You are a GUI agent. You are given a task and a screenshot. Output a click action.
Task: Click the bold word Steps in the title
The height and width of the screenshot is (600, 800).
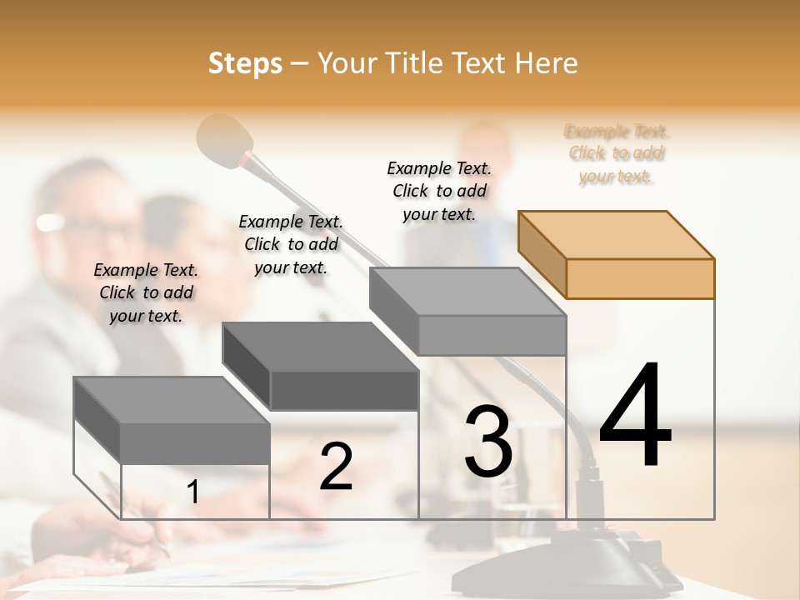pyautogui.click(x=245, y=63)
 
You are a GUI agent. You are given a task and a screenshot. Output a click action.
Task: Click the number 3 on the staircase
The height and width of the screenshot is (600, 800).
pyautogui.click(x=487, y=441)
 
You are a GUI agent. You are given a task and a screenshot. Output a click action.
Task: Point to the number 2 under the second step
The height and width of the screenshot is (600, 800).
pyautogui.click(x=336, y=466)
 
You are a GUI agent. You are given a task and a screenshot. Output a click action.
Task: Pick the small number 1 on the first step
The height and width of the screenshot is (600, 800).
pyautogui.click(x=192, y=492)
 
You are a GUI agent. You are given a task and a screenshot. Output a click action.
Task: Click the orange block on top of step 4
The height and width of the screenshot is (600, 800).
pyautogui.click(x=617, y=254)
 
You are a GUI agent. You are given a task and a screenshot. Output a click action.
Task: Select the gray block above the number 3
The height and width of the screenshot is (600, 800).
pyautogui.click(x=468, y=311)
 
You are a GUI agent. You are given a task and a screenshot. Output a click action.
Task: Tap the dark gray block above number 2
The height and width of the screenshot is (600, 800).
pyautogui.click(x=321, y=366)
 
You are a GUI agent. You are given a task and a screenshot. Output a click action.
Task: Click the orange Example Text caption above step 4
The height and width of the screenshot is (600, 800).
pyautogui.click(x=616, y=153)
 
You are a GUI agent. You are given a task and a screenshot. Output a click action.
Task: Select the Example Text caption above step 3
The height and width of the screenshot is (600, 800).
pyautogui.click(x=439, y=191)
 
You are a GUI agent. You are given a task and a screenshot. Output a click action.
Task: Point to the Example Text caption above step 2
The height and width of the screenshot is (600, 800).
pyautogui.click(x=291, y=244)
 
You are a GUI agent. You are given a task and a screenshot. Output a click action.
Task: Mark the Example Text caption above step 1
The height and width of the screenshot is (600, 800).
pyautogui.click(x=146, y=292)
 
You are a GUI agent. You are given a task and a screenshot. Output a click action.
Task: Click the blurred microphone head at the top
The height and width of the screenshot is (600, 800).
pyautogui.click(x=225, y=137)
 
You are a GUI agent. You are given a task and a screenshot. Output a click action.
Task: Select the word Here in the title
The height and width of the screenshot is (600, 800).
pyautogui.click(x=547, y=63)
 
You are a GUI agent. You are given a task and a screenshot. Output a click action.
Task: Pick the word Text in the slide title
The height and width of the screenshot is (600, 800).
pyautogui.click(x=482, y=63)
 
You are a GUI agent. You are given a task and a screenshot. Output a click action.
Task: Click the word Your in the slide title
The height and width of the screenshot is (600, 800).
pyautogui.click(x=346, y=63)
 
